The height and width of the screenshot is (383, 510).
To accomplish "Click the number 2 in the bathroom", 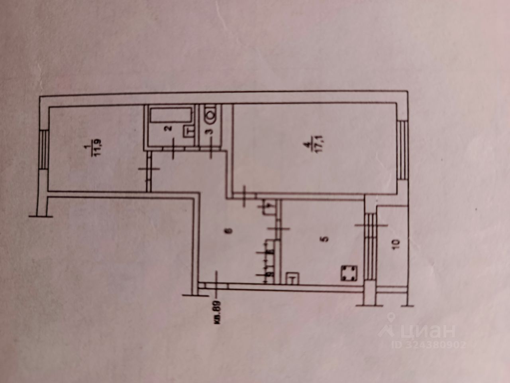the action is (x=169, y=128).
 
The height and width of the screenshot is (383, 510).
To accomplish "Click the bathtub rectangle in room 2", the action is (x=171, y=116).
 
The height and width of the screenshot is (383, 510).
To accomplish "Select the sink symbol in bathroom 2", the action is (x=188, y=131).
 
